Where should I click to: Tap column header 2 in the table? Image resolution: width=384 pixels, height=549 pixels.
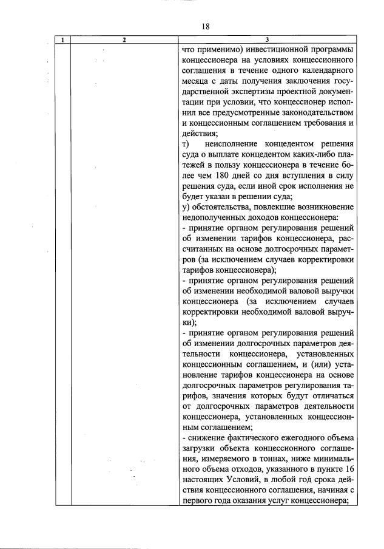point(124,40)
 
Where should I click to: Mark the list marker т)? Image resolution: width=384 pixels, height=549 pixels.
point(186,144)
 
